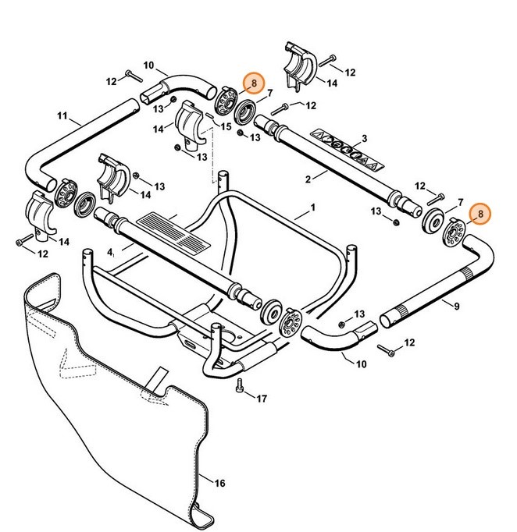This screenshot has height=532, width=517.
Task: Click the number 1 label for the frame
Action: coord(312,208)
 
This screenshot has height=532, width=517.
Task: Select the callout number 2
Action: coord(309,179)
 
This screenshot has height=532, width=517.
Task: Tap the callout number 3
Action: coord(364,139)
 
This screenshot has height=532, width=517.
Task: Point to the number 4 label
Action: coord(111,252)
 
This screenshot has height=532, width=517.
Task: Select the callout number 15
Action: coord(226,126)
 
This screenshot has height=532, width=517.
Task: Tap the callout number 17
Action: coord(262,399)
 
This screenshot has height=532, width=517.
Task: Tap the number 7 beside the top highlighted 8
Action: coord(269,93)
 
